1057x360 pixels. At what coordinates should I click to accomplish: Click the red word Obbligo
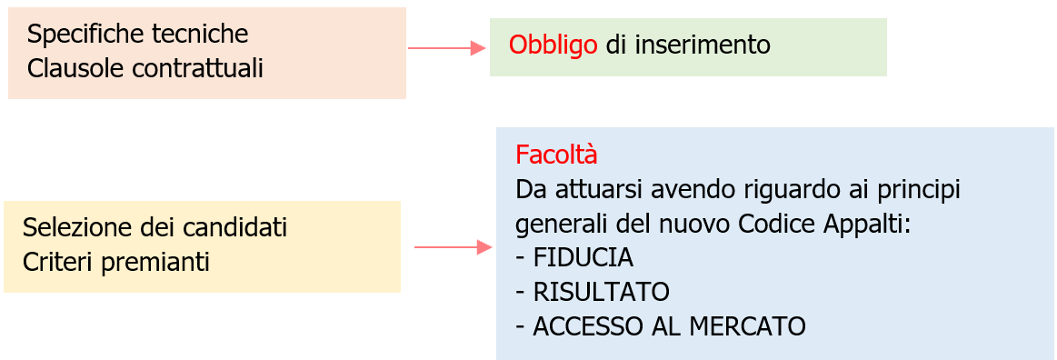pos(553,45)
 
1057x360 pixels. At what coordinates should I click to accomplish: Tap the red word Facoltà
pos(556,155)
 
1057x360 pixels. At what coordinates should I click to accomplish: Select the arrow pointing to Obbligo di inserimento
pos(446,48)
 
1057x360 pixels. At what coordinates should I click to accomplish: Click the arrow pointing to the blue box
pos(453,246)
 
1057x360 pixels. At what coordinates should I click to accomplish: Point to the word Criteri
pos(58,262)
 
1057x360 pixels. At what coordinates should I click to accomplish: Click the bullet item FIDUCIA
pos(583,257)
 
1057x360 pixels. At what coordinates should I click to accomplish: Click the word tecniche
pos(201,35)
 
